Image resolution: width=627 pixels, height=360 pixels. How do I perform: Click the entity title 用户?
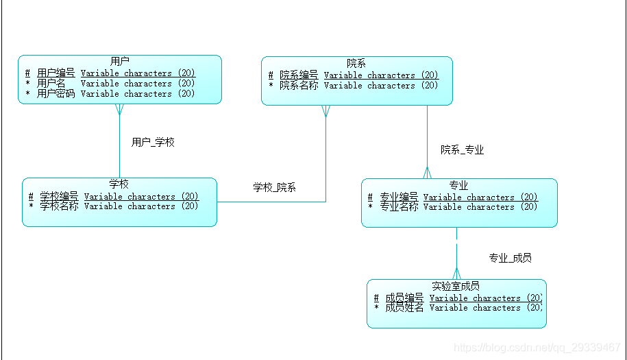coord(120,62)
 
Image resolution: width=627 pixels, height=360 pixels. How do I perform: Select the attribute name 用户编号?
coord(56,73)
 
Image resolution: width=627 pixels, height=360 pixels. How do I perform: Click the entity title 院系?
coord(356,63)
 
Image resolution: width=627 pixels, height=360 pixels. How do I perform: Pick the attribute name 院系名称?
coord(299,86)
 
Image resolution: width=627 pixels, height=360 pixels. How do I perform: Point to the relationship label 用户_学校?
coord(153,143)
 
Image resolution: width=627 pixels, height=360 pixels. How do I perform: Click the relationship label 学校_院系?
coord(274,187)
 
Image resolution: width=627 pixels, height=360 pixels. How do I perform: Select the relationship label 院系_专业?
coord(462,149)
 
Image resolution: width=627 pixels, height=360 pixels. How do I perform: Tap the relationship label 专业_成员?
coord(510,258)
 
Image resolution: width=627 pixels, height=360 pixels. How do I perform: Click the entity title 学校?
coord(119,184)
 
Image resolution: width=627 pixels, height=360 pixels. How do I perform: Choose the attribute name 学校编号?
coord(59,197)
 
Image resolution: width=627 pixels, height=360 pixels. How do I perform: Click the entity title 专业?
coord(458,185)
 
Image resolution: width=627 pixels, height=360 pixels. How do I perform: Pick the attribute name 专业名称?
coord(399,206)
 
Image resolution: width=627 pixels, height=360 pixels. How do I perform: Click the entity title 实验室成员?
coord(456,286)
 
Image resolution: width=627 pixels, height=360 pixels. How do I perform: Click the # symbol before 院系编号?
coord(271,75)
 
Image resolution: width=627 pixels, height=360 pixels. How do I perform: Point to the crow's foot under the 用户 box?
coord(120,110)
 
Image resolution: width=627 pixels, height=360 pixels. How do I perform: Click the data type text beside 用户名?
coord(138,83)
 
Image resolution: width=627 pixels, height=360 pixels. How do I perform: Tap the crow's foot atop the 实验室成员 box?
coord(456,274)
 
